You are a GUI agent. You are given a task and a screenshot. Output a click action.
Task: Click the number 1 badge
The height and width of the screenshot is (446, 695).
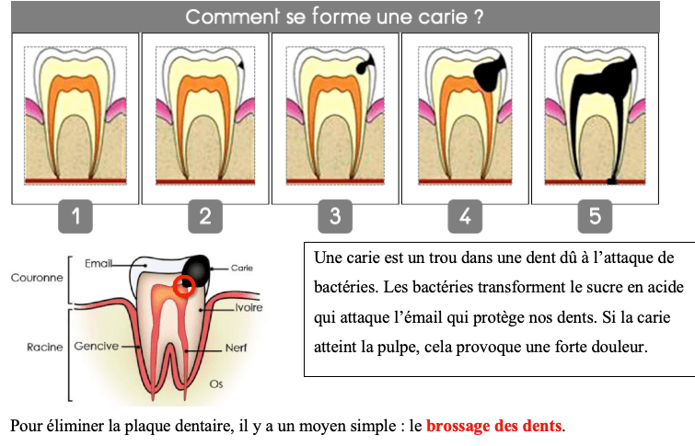point(75,217)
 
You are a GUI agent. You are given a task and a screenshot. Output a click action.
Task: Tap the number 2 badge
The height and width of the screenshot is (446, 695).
point(205,217)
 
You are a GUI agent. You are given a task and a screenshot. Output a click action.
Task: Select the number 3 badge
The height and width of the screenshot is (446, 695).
point(335,217)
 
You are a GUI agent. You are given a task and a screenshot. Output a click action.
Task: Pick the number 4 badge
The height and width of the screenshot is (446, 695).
point(465,217)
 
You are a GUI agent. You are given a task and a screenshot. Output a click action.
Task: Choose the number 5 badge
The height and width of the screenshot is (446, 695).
point(595,217)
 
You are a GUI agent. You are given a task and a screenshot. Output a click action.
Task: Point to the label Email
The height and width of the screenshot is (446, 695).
point(98,263)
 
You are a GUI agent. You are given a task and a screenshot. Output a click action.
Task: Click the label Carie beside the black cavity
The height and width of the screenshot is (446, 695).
point(241,268)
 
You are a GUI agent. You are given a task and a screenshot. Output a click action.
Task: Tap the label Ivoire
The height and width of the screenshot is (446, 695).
point(249,308)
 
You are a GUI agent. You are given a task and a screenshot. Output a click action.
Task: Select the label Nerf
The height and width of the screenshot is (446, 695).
point(236,349)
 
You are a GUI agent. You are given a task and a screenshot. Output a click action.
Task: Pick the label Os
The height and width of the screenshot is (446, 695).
point(216,382)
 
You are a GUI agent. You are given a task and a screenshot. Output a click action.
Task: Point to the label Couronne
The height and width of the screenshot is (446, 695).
point(36,276)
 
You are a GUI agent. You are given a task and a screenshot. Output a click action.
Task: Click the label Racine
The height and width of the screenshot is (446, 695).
point(44,348)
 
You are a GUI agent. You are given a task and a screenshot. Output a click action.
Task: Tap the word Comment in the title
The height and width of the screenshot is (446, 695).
point(226,17)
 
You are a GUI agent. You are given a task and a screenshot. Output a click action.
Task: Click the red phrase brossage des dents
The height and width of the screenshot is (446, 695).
point(493,427)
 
